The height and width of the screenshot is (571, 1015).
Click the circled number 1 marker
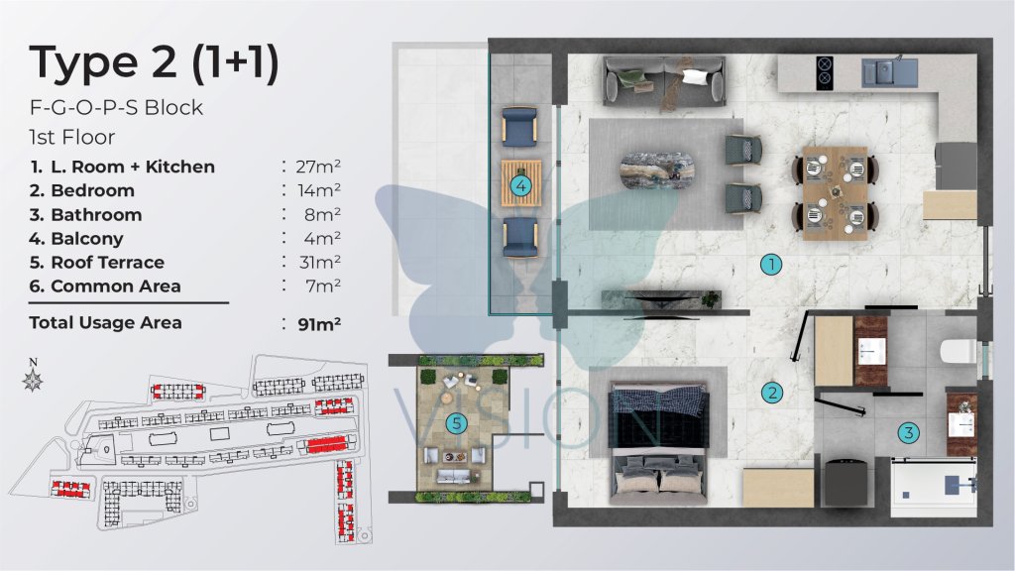coord(771,264)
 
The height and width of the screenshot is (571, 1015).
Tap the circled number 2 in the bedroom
coord(771,393)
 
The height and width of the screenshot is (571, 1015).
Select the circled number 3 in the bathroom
coord(909,433)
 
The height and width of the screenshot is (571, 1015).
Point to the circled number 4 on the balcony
coord(520,186)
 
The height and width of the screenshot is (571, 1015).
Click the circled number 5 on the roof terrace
coord(456,424)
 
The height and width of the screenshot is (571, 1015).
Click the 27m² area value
coord(318,167)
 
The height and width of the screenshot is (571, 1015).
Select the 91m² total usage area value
coord(319,324)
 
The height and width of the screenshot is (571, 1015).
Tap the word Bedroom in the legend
coord(92,190)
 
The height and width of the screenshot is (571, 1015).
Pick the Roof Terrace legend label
coord(107,262)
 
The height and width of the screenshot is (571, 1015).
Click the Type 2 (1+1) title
coord(154,62)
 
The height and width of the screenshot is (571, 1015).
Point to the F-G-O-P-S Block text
coord(117,107)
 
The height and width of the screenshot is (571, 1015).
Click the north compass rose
coord(33,380)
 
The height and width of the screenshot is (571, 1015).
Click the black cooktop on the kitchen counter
coord(824,71)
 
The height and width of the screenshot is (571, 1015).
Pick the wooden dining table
coord(835,193)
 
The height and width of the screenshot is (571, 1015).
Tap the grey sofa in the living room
coord(664,80)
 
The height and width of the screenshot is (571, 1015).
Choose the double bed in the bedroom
coord(659,444)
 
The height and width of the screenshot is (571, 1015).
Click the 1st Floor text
coord(71,137)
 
